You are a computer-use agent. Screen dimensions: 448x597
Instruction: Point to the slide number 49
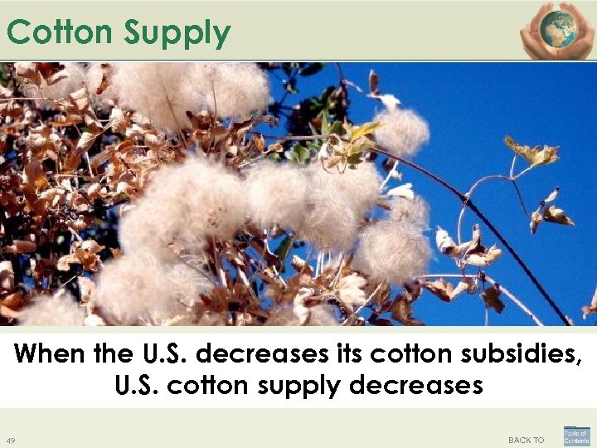click(x=10, y=440)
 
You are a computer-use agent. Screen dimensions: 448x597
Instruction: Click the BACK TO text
click(x=526, y=440)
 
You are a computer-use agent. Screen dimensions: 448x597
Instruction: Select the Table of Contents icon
click(x=576, y=436)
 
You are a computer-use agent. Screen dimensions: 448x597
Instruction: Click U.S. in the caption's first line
click(x=165, y=354)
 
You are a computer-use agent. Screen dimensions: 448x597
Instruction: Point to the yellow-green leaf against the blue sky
click(x=531, y=153)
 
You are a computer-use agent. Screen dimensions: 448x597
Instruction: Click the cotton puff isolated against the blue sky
click(x=402, y=130)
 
